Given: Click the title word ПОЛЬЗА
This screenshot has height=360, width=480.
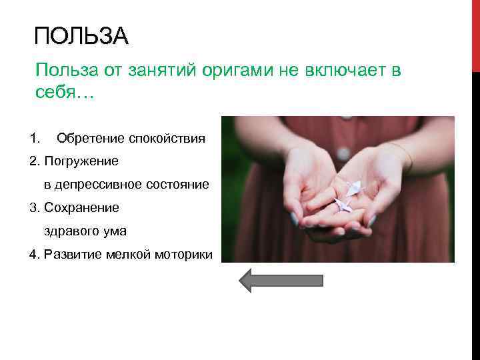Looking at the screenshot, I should [81, 37].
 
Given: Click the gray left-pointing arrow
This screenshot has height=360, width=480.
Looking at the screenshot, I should [280, 280].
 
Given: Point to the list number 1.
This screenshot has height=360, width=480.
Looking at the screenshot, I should [35, 139].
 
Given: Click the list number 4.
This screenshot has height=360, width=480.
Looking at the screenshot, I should [35, 255].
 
